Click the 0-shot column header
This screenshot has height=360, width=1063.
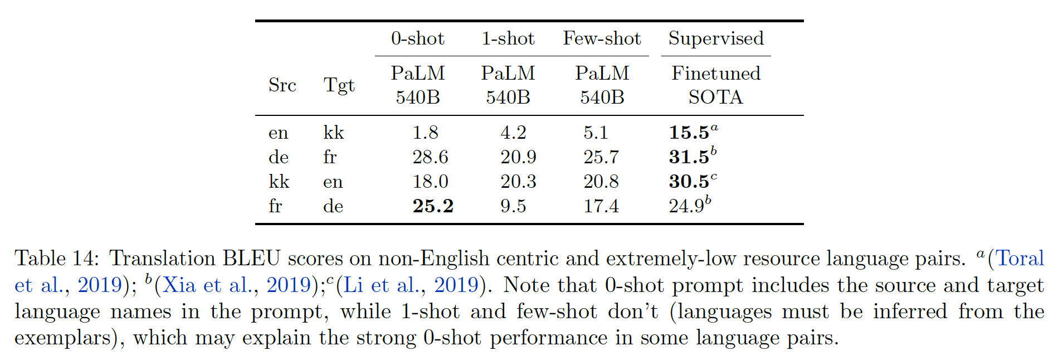(417, 38)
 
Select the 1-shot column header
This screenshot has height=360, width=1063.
(508, 38)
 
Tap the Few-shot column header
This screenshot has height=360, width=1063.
(602, 38)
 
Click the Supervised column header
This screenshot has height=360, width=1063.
(716, 38)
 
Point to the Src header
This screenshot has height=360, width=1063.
(282, 85)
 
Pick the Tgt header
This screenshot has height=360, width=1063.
(339, 85)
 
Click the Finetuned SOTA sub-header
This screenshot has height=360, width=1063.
(716, 85)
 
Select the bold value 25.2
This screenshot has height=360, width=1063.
(433, 206)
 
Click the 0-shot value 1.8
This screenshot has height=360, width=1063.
(425, 133)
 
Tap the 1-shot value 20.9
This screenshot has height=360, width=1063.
(518, 157)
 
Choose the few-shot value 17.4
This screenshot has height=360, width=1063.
(601, 206)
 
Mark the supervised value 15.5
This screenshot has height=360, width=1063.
(689, 133)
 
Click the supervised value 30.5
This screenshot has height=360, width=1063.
(689, 182)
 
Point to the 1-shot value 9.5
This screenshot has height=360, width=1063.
(513, 206)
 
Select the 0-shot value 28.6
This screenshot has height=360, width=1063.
(430, 157)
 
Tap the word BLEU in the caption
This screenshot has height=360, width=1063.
(251, 259)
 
